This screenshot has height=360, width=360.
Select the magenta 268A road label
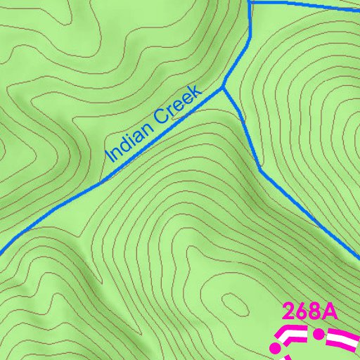[309, 311]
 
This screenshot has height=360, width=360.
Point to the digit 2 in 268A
[290, 311]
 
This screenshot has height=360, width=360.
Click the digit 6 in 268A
[302, 311]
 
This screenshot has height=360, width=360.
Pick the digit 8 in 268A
[314, 311]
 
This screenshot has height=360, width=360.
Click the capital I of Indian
[109, 156]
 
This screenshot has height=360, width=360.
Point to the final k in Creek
[198, 91]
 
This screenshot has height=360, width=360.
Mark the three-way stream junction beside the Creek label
[224, 88]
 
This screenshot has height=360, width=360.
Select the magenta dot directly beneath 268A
[319, 333]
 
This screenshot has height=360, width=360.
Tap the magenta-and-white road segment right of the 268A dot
[342, 340]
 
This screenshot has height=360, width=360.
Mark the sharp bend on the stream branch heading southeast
[260, 169]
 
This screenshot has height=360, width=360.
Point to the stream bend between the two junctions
[250, 35]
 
